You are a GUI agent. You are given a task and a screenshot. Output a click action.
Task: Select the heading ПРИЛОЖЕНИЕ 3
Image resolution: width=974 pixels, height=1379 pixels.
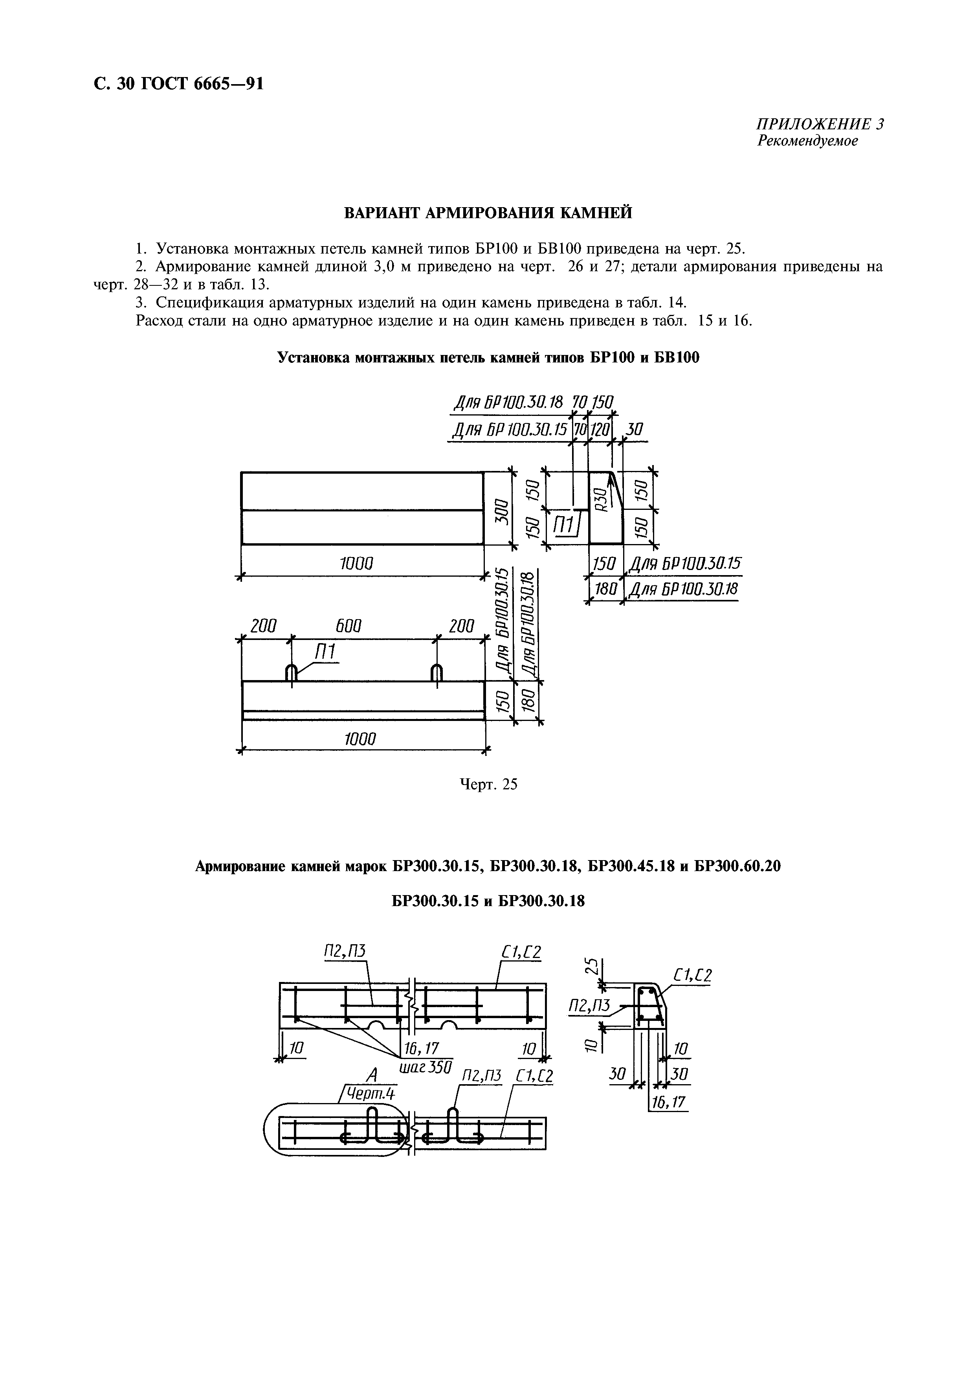tap(819, 124)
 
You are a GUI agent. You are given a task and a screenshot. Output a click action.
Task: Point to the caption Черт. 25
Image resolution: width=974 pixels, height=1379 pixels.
tap(488, 784)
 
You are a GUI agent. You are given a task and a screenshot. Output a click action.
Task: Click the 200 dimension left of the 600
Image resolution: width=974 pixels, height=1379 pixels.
tap(264, 626)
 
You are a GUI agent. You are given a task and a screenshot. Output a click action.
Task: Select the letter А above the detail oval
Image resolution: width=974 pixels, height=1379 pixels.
tap(373, 1074)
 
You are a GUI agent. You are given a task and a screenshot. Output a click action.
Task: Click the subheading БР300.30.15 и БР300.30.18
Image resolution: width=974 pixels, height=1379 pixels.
tap(488, 901)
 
